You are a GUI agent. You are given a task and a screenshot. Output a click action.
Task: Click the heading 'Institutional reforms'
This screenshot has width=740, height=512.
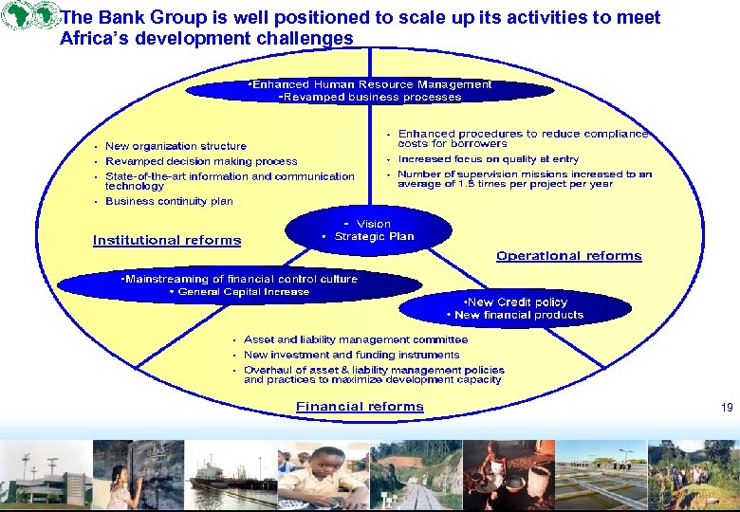click(x=167, y=241)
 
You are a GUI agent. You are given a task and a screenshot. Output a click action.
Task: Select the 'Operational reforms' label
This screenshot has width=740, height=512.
click(x=568, y=256)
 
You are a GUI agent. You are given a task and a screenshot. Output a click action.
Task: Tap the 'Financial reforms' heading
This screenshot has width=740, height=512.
click(x=360, y=407)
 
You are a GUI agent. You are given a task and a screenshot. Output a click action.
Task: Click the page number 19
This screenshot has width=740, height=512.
click(x=727, y=408)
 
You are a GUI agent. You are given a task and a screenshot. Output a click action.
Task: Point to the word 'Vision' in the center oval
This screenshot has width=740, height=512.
click(x=373, y=224)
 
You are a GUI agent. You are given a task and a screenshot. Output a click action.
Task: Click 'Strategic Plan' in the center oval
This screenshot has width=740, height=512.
click(x=374, y=237)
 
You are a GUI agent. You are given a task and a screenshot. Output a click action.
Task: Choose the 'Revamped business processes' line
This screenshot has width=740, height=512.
click(x=370, y=97)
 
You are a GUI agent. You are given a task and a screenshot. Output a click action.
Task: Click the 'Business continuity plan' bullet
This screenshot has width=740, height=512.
click(x=169, y=201)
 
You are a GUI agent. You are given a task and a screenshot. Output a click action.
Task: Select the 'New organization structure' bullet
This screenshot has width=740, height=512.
click(x=176, y=146)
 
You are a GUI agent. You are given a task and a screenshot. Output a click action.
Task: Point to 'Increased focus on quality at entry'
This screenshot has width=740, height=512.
click(x=488, y=159)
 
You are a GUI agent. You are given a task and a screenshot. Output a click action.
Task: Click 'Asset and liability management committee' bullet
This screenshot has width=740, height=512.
click(x=356, y=339)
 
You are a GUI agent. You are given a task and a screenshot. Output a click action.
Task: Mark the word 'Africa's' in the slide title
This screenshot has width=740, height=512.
click(x=94, y=39)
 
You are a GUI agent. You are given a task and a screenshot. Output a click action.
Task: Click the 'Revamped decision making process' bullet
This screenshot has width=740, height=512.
click(x=201, y=161)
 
